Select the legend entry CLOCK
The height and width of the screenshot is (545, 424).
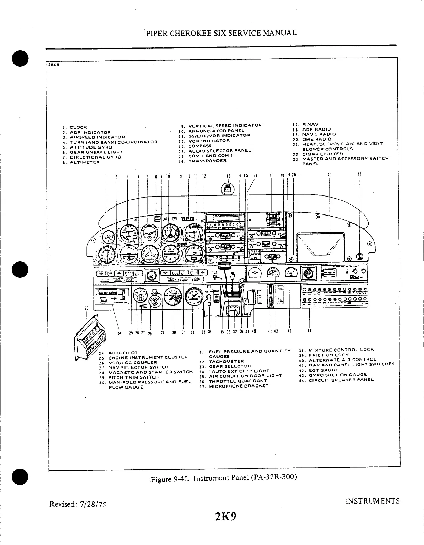(x=78, y=127)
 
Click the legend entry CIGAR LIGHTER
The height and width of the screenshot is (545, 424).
(x=322, y=154)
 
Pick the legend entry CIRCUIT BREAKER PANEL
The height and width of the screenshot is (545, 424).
(x=341, y=380)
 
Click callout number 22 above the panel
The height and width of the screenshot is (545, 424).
(x=359, y=174)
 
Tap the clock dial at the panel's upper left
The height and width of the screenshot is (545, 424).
(x=108, y=238)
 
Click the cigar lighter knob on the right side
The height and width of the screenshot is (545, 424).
(x=359, y=257)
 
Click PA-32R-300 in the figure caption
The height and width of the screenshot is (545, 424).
(x=274, y=478)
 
